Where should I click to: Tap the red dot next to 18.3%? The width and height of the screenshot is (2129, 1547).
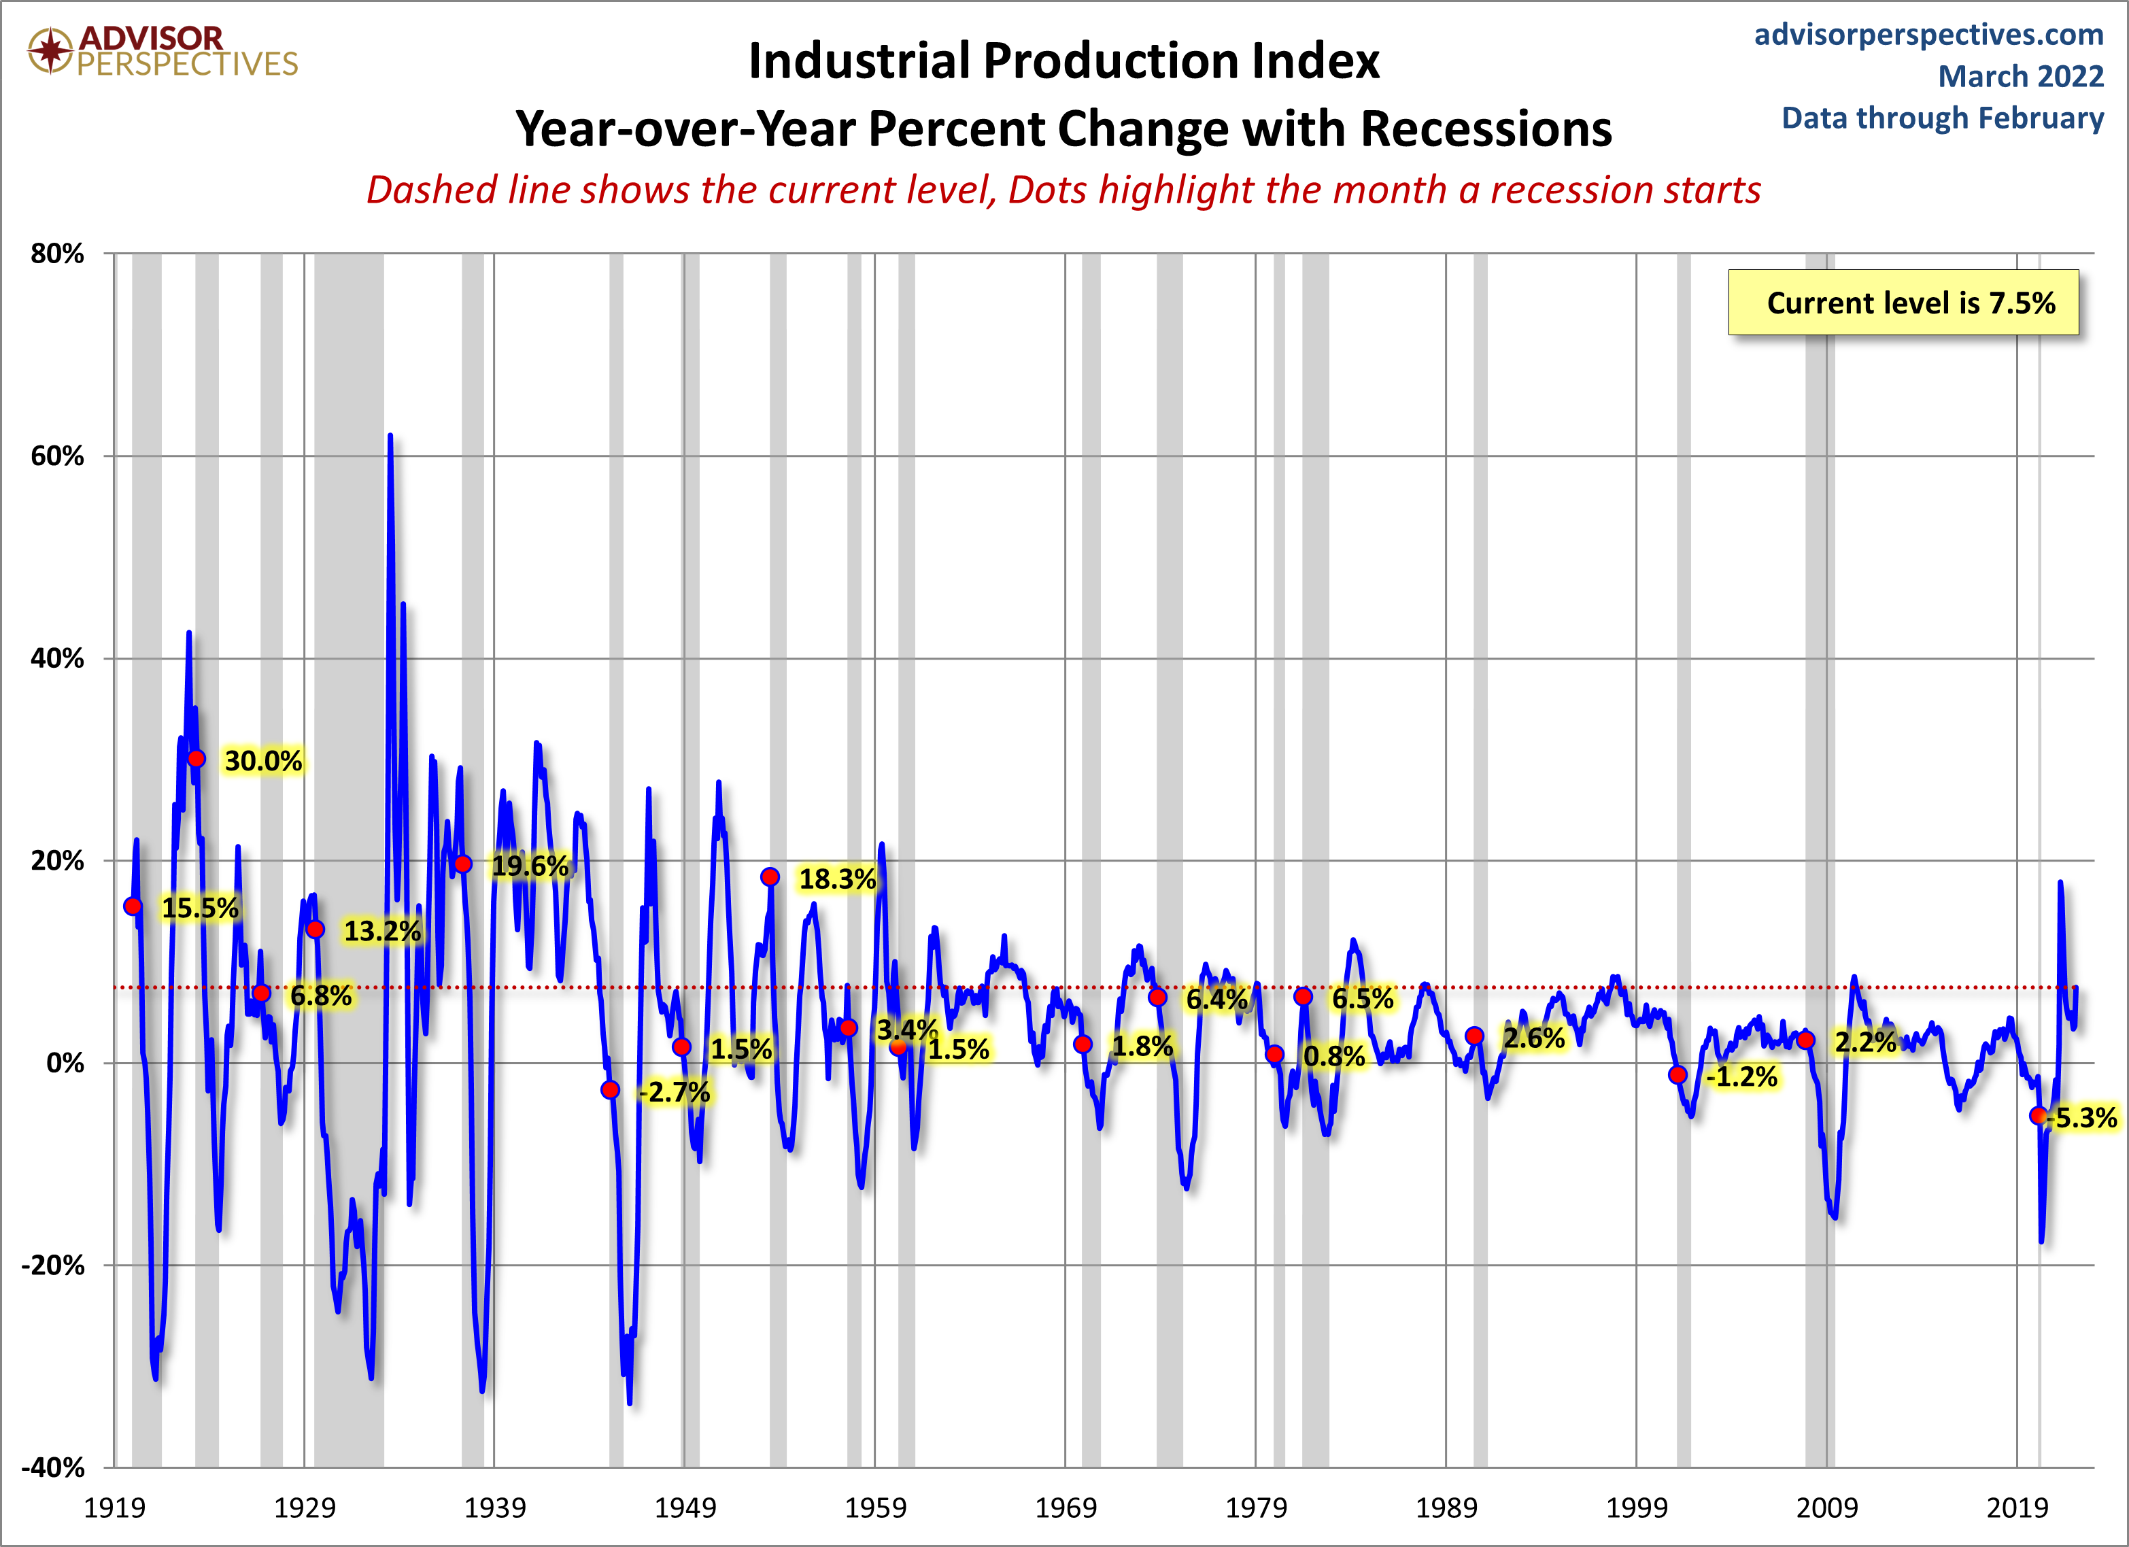coord(770,877)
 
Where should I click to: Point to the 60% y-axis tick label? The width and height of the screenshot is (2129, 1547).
coord(57,456)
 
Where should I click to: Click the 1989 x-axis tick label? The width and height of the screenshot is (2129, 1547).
coord(1446,1508)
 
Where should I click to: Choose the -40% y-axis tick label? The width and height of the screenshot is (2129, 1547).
coord(52,1467)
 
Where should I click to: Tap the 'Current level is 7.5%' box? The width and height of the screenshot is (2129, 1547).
coord(1904,303)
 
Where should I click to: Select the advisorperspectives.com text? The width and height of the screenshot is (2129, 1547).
coord(1929,35)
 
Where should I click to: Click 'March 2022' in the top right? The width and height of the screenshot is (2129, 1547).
coord(2021,76)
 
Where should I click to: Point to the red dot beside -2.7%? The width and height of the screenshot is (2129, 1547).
coord(610,1090)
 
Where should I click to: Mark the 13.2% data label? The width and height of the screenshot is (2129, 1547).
coord(382,931)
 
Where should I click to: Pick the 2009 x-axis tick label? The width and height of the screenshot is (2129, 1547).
coord(1826,1508)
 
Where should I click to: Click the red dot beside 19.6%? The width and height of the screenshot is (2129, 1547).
coord(463,864)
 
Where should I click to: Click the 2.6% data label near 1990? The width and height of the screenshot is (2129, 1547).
coord(1534,1038)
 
